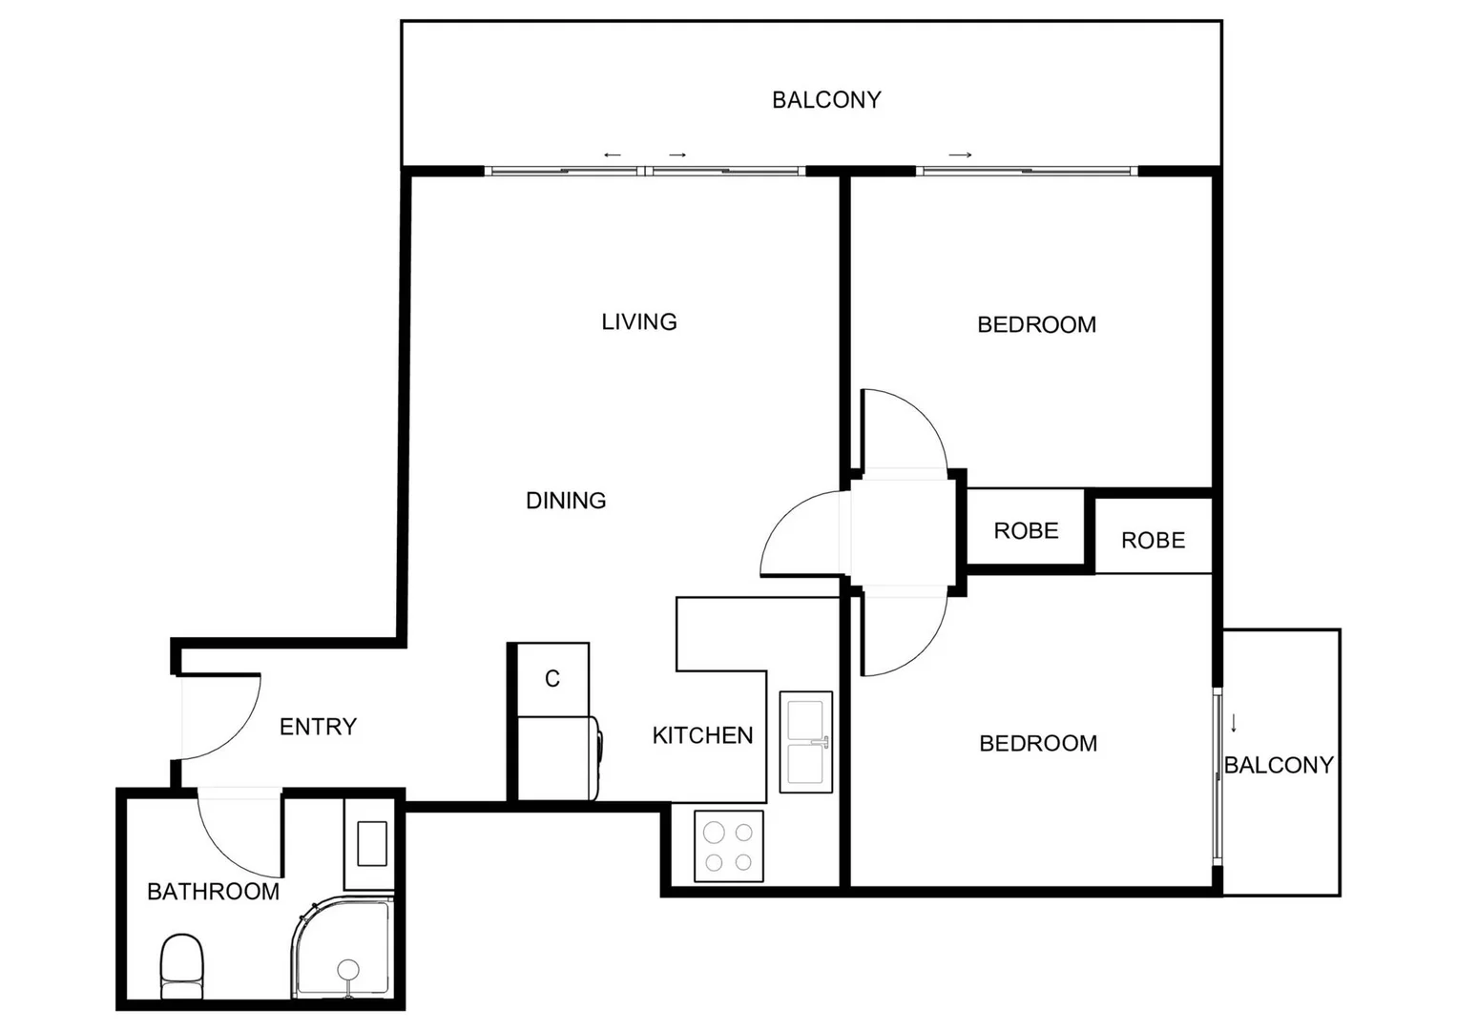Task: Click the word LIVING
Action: [638, 322]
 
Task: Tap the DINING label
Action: [566, 501]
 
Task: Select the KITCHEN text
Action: [702, 735]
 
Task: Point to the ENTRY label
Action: [318, 727]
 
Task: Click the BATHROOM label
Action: [213, 892]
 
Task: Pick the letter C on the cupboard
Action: [552, 679]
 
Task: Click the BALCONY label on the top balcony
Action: [826, 100]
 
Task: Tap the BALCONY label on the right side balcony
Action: [1279, 765]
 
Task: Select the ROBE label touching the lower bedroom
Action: [1153, 541]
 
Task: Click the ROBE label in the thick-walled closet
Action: [1026, 531]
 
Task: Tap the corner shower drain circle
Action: [348, 969]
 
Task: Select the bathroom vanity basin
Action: [372, 843]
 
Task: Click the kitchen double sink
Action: [806, 742]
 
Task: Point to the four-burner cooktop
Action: [728, 846]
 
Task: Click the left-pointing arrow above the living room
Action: [613, 155]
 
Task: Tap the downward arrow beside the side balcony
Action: [1234, 723]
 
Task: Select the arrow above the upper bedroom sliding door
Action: [960, 155]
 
